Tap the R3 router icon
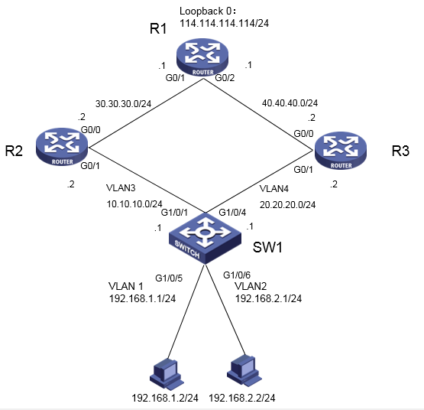point(341,150)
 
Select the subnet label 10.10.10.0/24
point(136,204)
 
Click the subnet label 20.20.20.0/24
point(277,204)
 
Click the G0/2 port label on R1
point(225,78)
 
